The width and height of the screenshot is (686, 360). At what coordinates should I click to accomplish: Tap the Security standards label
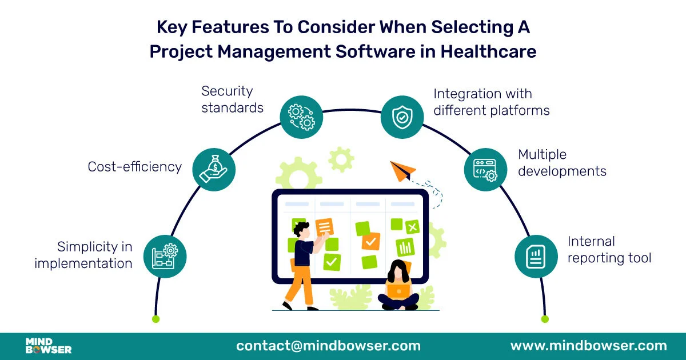[x=232, y=99]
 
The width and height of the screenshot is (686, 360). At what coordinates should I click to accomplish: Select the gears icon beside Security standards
[x=301, y=117]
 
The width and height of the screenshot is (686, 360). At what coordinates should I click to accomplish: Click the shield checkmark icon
[x=402, y=117]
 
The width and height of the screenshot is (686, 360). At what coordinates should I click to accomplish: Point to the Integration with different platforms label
[x=491, y=102]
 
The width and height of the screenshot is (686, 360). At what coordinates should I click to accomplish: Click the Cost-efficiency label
[x=134, y=167]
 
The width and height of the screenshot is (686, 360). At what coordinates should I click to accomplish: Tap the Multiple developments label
[x=562, y=163]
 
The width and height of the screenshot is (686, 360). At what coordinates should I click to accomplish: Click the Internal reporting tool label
[x=609, y=250]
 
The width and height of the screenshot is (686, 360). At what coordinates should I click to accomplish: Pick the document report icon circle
[x=536, y=256]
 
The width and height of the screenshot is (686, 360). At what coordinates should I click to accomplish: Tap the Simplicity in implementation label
[x=83, y=255]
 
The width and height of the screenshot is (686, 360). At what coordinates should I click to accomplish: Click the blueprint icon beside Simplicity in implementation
[x=165, y=256]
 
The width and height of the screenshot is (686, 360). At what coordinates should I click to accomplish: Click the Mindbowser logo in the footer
[x=49, y=346]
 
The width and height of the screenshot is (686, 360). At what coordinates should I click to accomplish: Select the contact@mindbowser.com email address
[x=328, y=346]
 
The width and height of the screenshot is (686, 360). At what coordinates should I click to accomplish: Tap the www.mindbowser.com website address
[x=588, y=346]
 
